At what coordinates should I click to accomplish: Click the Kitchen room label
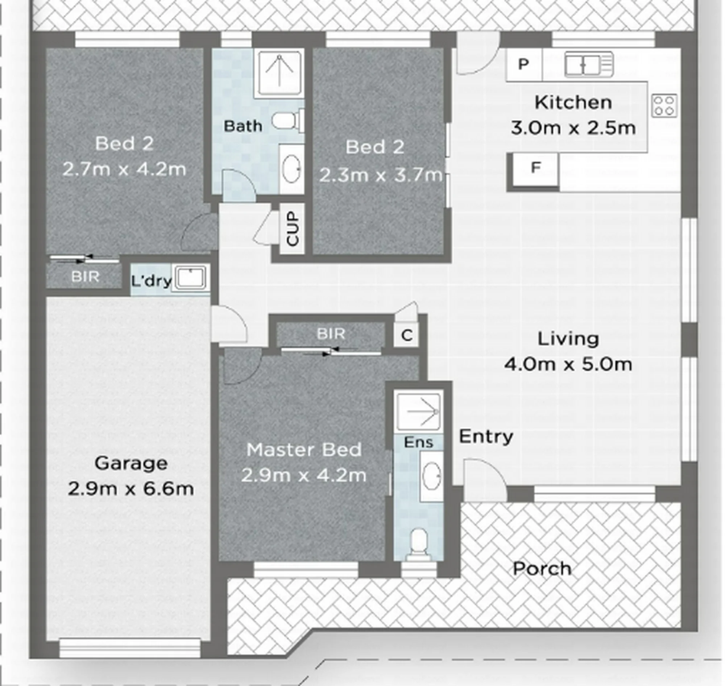[x=573, y=103]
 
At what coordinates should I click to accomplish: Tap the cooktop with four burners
[x=664, y=106]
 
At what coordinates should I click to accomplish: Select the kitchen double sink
[x=589, y=65]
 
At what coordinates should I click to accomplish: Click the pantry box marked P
[x=524, y=65]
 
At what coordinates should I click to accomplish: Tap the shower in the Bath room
[x=279, y=73]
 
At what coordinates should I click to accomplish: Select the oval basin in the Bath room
[x=292, y=168]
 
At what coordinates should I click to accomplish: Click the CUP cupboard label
[x=293, y=229]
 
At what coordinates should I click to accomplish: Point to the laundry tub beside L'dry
[x=191, y=278]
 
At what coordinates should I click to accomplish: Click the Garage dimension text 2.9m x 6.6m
[x=130, y=489]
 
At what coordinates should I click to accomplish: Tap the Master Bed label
[x=304, y=450]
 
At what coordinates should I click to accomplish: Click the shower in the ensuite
[x=419, y=412]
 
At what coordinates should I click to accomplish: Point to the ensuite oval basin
[x=431, y=476]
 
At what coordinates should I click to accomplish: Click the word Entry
[x=486, y=436]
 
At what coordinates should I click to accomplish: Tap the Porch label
[x=542, y=569]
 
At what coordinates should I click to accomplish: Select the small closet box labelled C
[x=407, y=335]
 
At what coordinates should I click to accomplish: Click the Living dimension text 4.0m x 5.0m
[x=568, y=365]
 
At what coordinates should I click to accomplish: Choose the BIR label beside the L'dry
[x=85, y=276]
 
